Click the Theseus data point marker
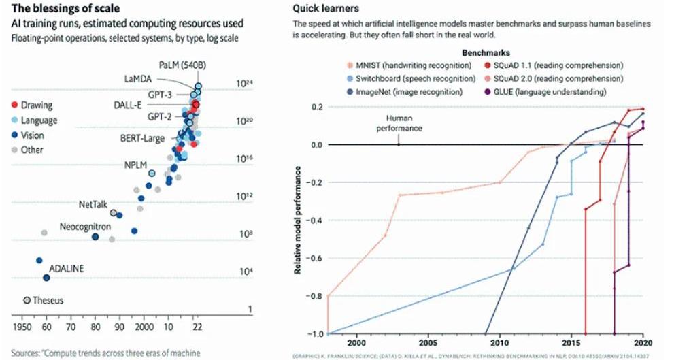[x=27, y=300]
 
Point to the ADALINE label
[x=67, y=269]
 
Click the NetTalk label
[x=93, y=203]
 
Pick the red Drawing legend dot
[x=14, y=105]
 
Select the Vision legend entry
[x=33, y=135]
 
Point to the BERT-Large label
[x=142, y=139]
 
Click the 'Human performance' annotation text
[x=399, y=123]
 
